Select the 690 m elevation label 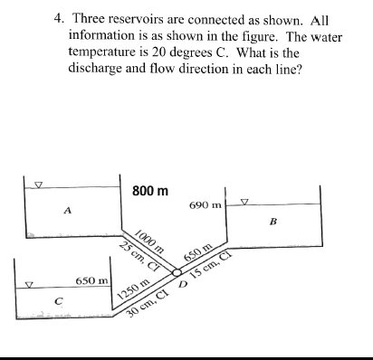pos(206,207)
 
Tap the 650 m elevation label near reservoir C pos(91,282)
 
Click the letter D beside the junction pos(182,286)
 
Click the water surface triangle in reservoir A pos(38,185)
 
